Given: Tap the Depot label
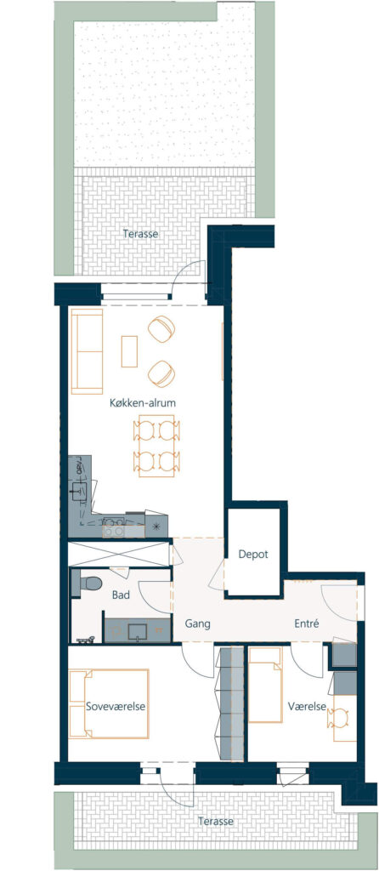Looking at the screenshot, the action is [x=253, y=554].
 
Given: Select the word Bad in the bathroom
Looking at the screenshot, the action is [x=121, y=595].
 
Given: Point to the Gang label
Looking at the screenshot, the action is [x=197, y=623].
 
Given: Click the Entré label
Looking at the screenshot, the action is [x=306, y=623].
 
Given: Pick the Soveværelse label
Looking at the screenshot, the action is [x=116, y=707].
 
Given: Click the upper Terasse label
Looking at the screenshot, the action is [x=140, y=234].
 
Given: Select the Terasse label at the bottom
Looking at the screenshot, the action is [x=216, y=821].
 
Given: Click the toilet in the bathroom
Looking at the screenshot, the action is [x=88, y=584].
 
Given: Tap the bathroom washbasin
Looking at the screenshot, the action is [x=137, y=632].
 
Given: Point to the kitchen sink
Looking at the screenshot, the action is [x=79, y=489].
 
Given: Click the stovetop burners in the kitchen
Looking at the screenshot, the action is [x=114, y=526].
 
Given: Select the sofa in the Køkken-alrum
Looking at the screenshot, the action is [x=88, y=351].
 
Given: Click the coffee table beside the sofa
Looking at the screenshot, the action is [x=129, y=351].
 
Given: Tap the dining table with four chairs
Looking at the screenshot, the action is [x=156, y=446].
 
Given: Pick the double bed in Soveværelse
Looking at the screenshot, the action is [x=109, y=703].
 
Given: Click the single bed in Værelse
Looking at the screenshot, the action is [x=264, y=685].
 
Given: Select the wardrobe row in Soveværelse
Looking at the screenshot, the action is [x=229, y=703].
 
